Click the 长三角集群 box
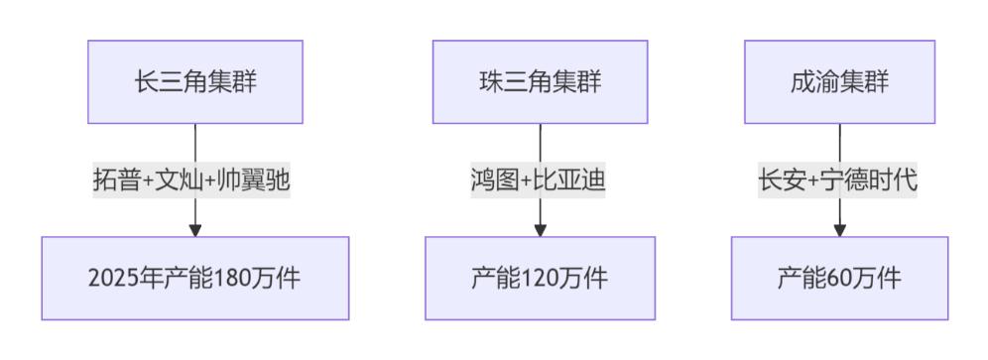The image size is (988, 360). (x=195, y=81)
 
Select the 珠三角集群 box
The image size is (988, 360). (x=540, y=81)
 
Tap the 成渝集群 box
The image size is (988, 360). (x=839, y=81)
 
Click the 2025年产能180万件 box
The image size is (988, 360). (x=195, y=279)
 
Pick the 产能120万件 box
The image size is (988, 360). (x=540, y=279)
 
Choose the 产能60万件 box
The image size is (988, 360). (x=839, y=279)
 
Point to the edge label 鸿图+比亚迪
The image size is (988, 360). (x=540, y=181)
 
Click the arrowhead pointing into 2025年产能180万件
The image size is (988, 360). (x=195, y=230)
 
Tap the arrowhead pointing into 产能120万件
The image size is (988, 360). (x=540, y=230)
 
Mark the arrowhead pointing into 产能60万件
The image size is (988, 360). (x=839, y=230)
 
